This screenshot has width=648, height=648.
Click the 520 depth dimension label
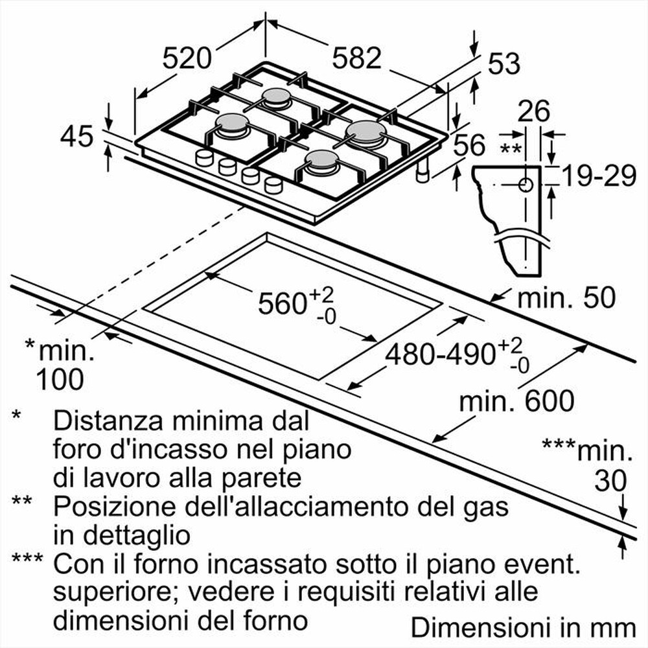click(187, 58)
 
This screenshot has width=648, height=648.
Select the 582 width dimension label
click(356, 58)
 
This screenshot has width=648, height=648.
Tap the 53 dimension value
click(503, 64)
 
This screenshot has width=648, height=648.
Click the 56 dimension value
click(469, 145)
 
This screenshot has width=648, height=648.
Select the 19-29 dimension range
click(597, 176)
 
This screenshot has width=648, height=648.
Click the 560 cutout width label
click(283, 303)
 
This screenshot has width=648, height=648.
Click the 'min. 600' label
click(516, 402)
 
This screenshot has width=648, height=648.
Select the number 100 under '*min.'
click(60, 380)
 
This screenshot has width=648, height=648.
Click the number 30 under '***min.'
click(611, 481)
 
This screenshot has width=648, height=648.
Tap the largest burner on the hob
click(366, 132)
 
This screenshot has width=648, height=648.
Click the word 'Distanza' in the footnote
click(104, 421)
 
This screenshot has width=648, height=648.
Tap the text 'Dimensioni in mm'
click(524, 627)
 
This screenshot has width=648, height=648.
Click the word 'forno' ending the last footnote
click(275, 621)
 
